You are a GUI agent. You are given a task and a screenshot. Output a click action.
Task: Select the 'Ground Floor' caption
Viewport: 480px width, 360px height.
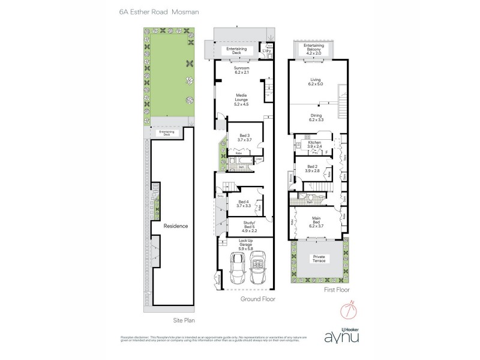257,298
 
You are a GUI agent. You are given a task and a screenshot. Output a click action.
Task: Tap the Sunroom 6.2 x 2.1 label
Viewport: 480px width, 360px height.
245,71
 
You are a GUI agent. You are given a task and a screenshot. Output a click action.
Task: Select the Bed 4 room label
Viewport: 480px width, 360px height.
243,204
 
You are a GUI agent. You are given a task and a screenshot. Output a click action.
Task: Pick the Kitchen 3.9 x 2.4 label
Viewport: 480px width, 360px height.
315,145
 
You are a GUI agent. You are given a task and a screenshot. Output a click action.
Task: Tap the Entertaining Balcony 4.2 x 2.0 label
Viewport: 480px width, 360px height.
314,49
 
